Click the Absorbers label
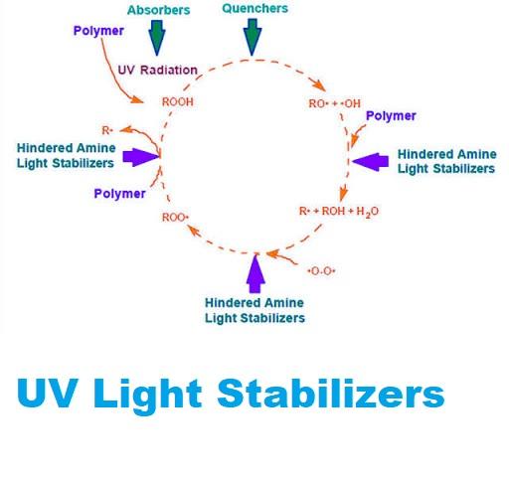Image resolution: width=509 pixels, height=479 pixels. click(x=158, y=10)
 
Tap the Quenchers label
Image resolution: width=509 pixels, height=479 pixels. click(x=254, y=8)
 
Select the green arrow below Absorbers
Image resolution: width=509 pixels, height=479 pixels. click(x=157, y=38)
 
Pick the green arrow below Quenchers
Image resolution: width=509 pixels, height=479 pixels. click(x=253, y=37)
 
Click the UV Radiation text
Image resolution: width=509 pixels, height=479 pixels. click(x=158, y=70)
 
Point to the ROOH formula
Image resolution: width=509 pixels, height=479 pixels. click(x=178, y=102)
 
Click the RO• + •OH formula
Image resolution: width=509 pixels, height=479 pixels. click(x=334, y=103)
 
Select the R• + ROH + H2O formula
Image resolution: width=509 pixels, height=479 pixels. click(x=339, y=212)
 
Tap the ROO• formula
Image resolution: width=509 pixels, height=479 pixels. click(x=175, y=218)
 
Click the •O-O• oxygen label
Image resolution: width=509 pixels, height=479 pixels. click(x=321, y=271)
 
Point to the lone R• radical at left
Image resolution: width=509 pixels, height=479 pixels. click(x=107, y=130)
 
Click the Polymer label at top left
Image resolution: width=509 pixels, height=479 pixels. click(x=98, y=31)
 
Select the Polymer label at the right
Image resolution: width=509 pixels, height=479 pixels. click(x=391, y=116)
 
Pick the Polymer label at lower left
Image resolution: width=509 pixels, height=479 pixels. click(x=120, y=194)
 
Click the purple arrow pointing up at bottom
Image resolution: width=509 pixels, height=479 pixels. click(x=255, y=273)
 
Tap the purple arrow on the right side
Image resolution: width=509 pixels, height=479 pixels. click(x=370, y=162)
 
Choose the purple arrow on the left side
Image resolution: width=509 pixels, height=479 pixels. click(x=141, y=157)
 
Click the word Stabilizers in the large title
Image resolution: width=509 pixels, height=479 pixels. click(x=331, y=394)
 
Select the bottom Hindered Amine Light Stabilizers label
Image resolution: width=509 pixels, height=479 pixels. click(x=254, y=310)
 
